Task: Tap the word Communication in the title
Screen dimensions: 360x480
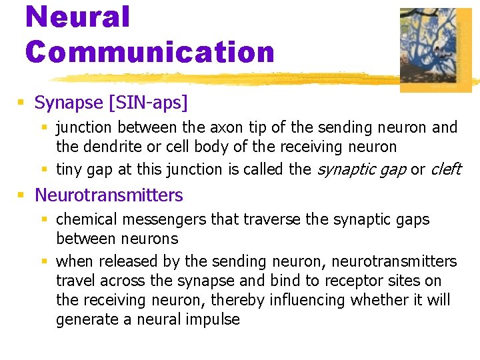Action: point(150,51)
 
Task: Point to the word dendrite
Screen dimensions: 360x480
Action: point(108,147)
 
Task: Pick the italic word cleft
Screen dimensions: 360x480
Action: point(445,169)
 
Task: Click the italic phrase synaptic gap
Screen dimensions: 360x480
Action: point(361,169)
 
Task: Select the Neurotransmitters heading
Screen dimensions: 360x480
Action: point(108,195)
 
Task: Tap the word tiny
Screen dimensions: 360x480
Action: point(69,169)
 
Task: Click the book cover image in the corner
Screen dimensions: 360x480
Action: point(435,49)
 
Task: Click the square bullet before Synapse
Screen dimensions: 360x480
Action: point(21,103)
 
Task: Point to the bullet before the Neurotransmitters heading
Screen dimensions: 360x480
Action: point(21,195)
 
